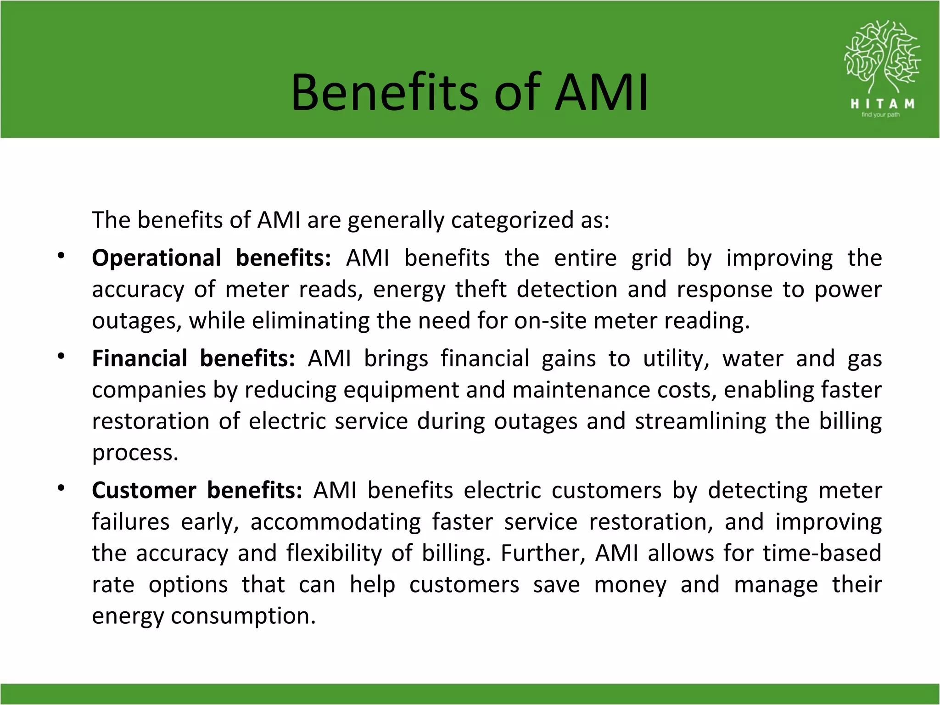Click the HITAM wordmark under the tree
[882, 104]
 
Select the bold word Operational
[157, 258]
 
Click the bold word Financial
[140, 358]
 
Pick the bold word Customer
[144, 490]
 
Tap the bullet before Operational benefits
[61, 256]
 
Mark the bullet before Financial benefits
[61, 357]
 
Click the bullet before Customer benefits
[61, 488]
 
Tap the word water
[753, 358]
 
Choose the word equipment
[401, 390]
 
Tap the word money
[630, 585]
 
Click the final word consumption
[243, 616]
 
